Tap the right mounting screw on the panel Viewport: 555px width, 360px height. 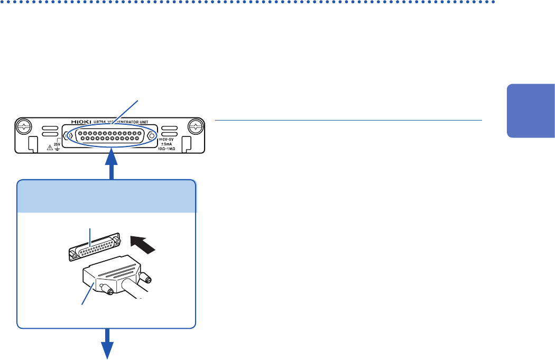(195, 127)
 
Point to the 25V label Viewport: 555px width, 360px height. (58, 143)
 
